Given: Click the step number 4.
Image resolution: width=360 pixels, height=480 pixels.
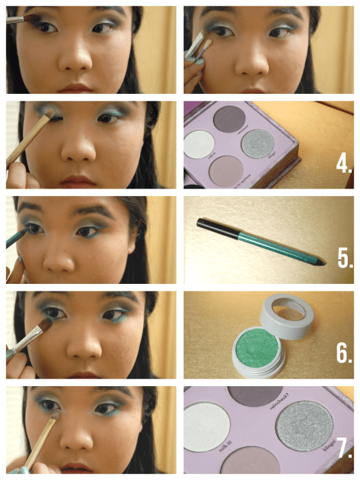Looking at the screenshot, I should tap(344, 164).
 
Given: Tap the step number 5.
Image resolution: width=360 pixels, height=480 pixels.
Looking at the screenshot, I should tap(344, 259).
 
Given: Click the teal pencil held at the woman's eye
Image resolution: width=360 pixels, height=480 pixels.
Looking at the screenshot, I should tap(17, 237).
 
